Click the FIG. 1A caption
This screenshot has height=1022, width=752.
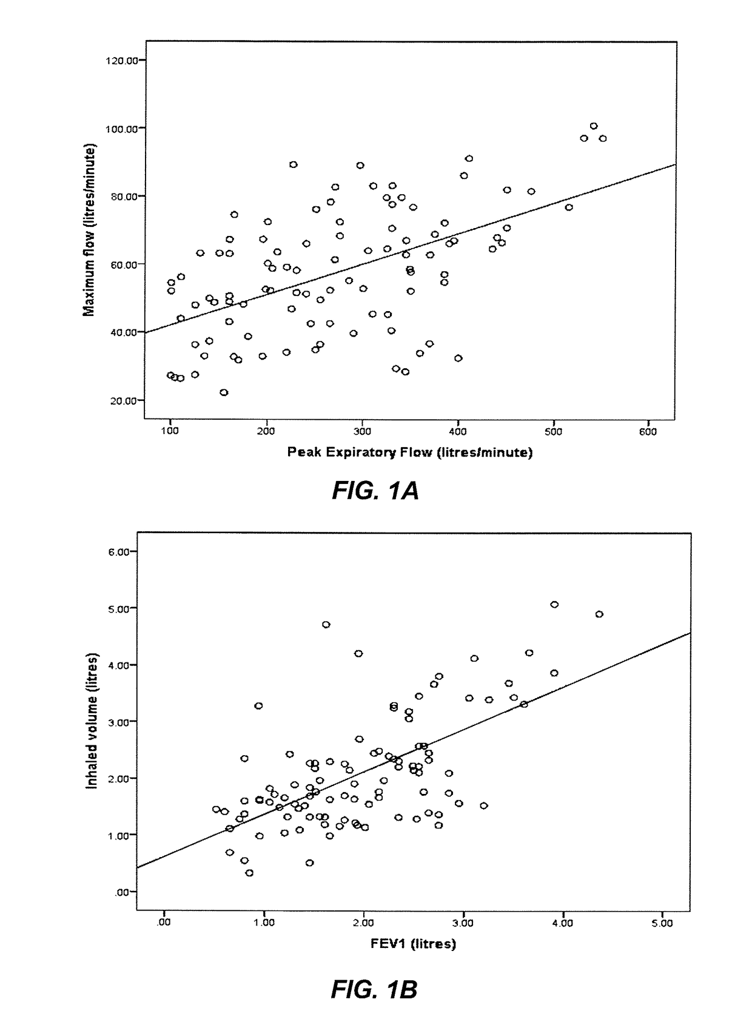pyautogui.click(x=375, y=491)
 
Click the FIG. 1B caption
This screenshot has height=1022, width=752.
pyautogui.click(x=374, y=990)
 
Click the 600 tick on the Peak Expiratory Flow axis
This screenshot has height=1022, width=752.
pyautogui.click(x=648, y=431)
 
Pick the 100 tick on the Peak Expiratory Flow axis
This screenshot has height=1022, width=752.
pyautogui.click(x=170, y=431)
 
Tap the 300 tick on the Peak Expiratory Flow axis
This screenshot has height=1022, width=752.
pyautogui.click(x=362, y=431)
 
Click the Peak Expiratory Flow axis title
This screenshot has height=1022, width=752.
pyautogui.click(x=409, y=452)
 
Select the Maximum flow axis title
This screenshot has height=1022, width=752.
pyautogui.click(x=89, y=230)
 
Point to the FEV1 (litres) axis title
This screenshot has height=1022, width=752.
pyautogui.click(x=414, y=943)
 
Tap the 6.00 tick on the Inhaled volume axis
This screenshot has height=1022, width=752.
pyautogui.click(x=121, y=551)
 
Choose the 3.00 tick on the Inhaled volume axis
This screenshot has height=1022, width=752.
pyautogui.click(x=121, y=722)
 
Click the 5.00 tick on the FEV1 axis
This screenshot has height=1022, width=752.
pyautogui.click(x=662, y=923)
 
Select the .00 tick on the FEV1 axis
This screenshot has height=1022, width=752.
pyautogui.click(x=163, y=923)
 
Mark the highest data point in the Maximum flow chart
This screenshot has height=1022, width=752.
pyautogui.click(x=594, y=126)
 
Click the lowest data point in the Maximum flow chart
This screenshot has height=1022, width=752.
pyautogui.click(x=224, y=392)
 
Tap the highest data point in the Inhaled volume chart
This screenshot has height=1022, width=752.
pyautogui.click(x=554, y=604)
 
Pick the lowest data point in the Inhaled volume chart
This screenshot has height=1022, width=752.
pyautogui.click(x=249, y=873)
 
